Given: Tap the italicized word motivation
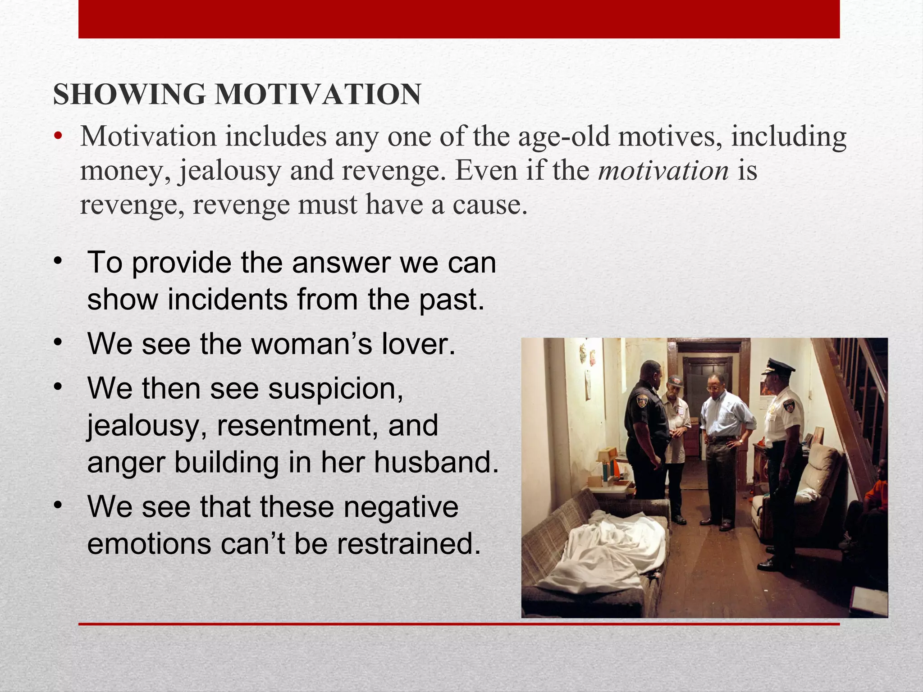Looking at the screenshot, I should coord(663,171).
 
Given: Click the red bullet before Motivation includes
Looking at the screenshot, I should coord(57,137).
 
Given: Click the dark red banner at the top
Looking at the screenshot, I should coord(459,19).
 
